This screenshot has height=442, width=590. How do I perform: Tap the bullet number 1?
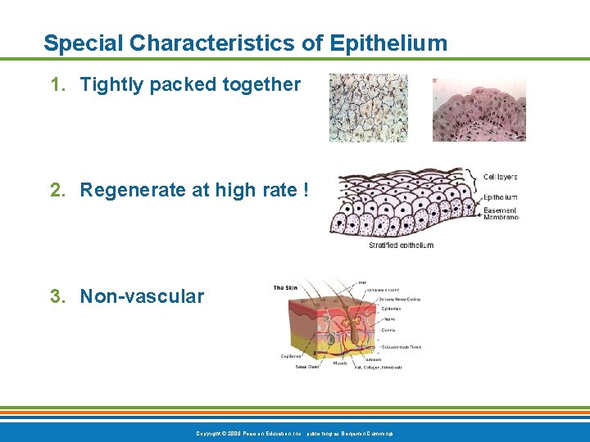57,84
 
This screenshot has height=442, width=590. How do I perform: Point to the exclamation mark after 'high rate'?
305,190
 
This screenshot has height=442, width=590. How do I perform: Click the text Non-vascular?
142,296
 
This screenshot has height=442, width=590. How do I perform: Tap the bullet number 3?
57,296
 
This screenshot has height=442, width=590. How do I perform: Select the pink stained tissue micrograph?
479,110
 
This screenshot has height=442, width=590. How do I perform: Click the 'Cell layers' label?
500,177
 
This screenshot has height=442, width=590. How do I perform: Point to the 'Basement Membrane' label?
500,214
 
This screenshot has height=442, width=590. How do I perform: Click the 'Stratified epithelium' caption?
401,245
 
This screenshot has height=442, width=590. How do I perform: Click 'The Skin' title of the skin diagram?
286,287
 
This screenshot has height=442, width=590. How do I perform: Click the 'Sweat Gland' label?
308,367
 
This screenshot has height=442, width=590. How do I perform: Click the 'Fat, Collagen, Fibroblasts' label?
378,367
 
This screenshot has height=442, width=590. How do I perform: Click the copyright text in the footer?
295,433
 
